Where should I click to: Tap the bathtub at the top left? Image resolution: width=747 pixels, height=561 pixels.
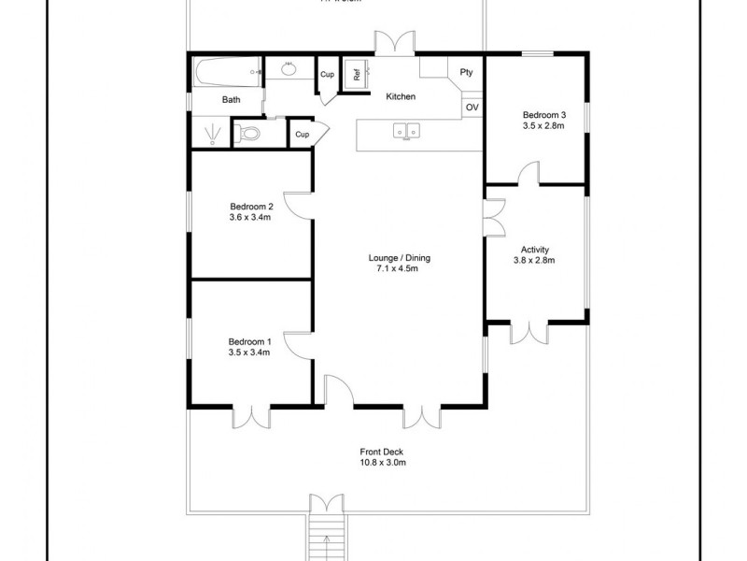(x=226, y=71)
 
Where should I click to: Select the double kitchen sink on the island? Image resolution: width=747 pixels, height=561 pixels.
(x=407, y=130)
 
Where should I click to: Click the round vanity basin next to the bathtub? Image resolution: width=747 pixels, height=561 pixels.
(x=289, y=69)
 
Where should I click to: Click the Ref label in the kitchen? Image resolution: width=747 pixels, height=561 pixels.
(x=356, y=74)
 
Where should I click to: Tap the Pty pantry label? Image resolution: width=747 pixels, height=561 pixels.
(x=465, y=72)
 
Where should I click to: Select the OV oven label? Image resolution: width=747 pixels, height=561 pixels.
(x=472, y=108)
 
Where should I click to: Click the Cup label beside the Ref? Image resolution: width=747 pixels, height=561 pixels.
(x=327, y=75)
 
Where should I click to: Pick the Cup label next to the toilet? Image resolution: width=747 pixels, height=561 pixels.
(x=302, y=135)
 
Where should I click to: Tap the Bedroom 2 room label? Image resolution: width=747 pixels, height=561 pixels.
(x=251, y=207)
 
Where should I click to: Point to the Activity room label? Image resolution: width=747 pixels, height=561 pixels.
(x=535, y=250)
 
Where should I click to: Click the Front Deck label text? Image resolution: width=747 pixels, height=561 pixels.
(x=383, y=451)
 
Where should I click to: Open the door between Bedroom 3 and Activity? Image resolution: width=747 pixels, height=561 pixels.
(x=529, y=174)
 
